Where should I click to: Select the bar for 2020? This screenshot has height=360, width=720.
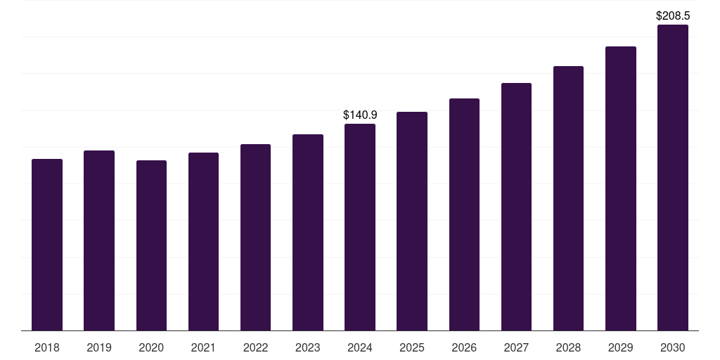[151, 245]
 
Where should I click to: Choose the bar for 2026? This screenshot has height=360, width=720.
[464, 214]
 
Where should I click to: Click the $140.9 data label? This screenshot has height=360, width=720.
[360, 115]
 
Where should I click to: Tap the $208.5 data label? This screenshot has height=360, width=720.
[672, 15]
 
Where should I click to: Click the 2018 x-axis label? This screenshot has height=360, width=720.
[47, 347]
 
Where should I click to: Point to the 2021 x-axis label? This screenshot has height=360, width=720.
[203, 347]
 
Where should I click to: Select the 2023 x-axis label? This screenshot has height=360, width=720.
[307, 347]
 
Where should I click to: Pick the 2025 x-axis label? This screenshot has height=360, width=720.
[412, 347]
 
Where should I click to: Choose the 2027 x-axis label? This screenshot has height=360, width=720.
[516, 347]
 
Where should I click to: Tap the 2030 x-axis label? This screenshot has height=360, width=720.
[672, 347]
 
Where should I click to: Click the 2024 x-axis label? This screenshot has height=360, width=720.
[360, 347]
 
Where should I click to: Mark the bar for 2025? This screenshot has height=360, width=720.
[412, 221]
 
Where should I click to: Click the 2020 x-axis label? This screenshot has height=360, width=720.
[151, 347]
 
